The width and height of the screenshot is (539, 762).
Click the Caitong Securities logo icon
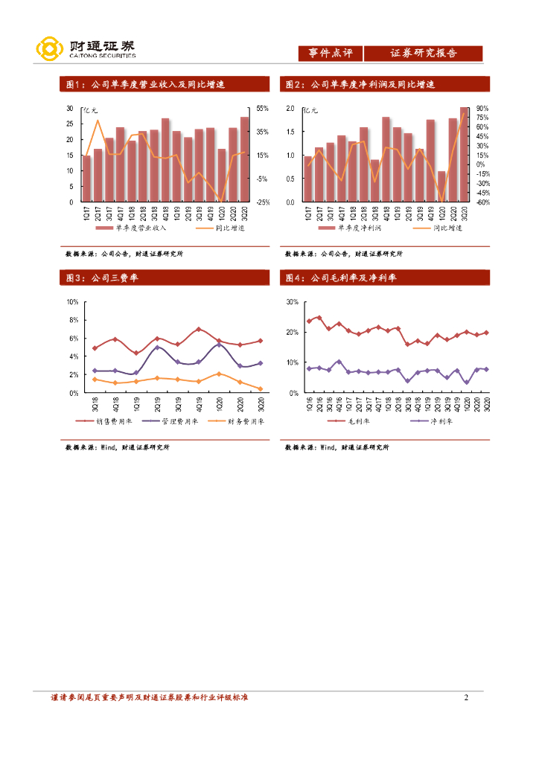click(x=49, y=50)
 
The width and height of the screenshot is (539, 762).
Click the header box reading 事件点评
click(x=331, y=54)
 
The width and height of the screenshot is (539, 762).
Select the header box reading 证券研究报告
click(x=424, y=54)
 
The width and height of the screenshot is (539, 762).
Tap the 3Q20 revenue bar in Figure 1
click(x=245, y=159)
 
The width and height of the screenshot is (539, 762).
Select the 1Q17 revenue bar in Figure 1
click(x=86, y=179)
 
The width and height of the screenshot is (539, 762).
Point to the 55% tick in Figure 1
click(x=262, y=109)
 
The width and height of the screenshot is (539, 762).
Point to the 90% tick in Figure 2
click(x=482, y=109)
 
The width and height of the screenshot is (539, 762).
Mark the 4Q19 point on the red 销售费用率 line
click(x=199, y=329)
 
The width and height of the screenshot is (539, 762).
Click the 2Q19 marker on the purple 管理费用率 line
click(x=157, y=347)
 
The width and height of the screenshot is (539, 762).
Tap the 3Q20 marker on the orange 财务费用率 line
click(x=261, y=388)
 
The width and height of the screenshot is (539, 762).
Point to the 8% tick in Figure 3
click(x=74, y=320)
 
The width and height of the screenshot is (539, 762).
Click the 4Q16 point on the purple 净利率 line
click(x=339, y=362)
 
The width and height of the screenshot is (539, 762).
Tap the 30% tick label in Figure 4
click(x=292, y=302)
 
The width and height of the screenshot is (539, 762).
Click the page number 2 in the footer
click(x=466, y=697)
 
